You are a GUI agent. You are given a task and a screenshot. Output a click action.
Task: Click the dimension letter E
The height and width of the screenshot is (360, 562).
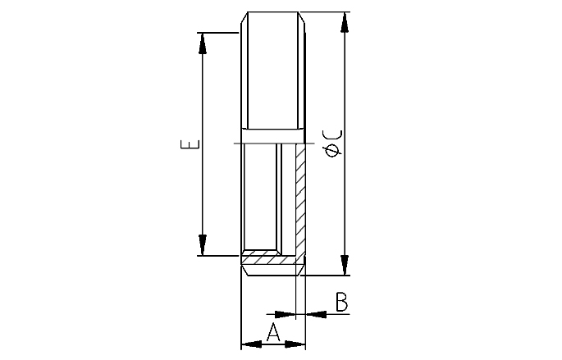click(x=191, y=145)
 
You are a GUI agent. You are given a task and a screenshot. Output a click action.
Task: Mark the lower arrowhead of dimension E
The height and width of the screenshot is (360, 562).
click(x=202, y=245)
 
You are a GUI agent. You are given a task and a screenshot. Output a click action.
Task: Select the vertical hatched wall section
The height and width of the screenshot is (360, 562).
click(x=299, y=197)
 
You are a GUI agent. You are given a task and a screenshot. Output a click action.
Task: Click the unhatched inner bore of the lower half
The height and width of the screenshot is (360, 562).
click(x=261, y=197)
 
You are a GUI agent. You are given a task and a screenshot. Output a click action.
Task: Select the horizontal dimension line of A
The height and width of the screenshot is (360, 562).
click(x=273, y=344)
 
